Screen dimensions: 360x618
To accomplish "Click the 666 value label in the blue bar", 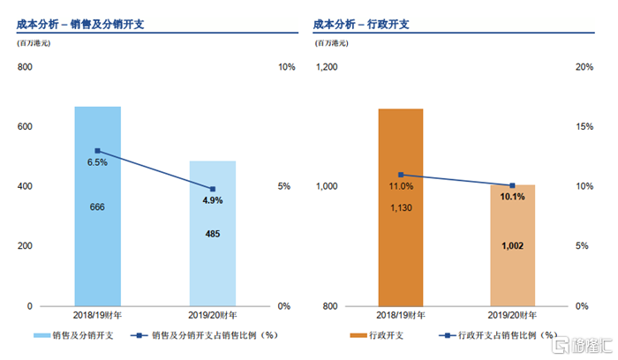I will [97, 206].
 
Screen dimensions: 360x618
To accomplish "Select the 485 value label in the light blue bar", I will [212, 234].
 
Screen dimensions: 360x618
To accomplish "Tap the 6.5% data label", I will [97, 162].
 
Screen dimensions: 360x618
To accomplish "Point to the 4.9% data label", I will [212, 200].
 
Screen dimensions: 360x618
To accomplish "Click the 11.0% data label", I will [401, 186].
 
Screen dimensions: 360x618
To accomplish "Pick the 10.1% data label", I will [513, 197].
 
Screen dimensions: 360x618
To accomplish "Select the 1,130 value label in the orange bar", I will [401, 207].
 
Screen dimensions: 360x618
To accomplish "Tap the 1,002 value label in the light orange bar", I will [513, 245].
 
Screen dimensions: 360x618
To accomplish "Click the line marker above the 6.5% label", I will [97, 151].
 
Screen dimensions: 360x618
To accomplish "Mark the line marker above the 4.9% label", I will [212, 189].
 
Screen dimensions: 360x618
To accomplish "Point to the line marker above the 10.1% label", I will [513, 185].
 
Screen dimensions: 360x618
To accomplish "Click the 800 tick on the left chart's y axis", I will [24, 67].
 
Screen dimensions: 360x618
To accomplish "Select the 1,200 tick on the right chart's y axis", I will [327, 67].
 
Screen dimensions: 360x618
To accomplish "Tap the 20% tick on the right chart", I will [583, 67].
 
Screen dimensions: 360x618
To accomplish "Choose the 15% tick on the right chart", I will [583, 126].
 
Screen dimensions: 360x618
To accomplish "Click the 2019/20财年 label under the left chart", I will [212, 315].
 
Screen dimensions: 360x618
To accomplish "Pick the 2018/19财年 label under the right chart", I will [401, 315].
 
